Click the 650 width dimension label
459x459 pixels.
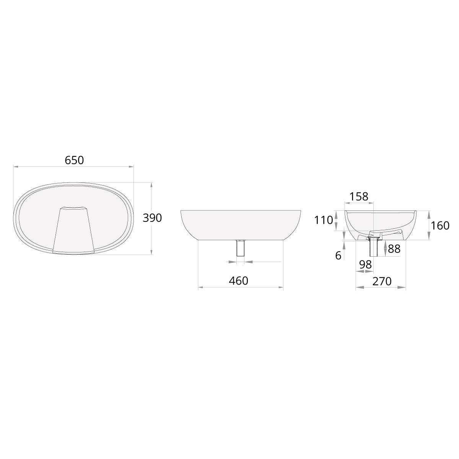(74, 160)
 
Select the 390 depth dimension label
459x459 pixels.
(152, 218)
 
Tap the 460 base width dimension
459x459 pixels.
(238, 281)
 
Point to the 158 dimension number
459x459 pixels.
(359, 197)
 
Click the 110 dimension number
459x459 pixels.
(324, 220)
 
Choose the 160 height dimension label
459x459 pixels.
(440, 226)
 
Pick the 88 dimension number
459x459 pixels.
(394, 249)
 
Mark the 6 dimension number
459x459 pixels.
(338, 256)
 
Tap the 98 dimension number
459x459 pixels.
(365, 264)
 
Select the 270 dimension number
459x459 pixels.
(382, 281)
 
